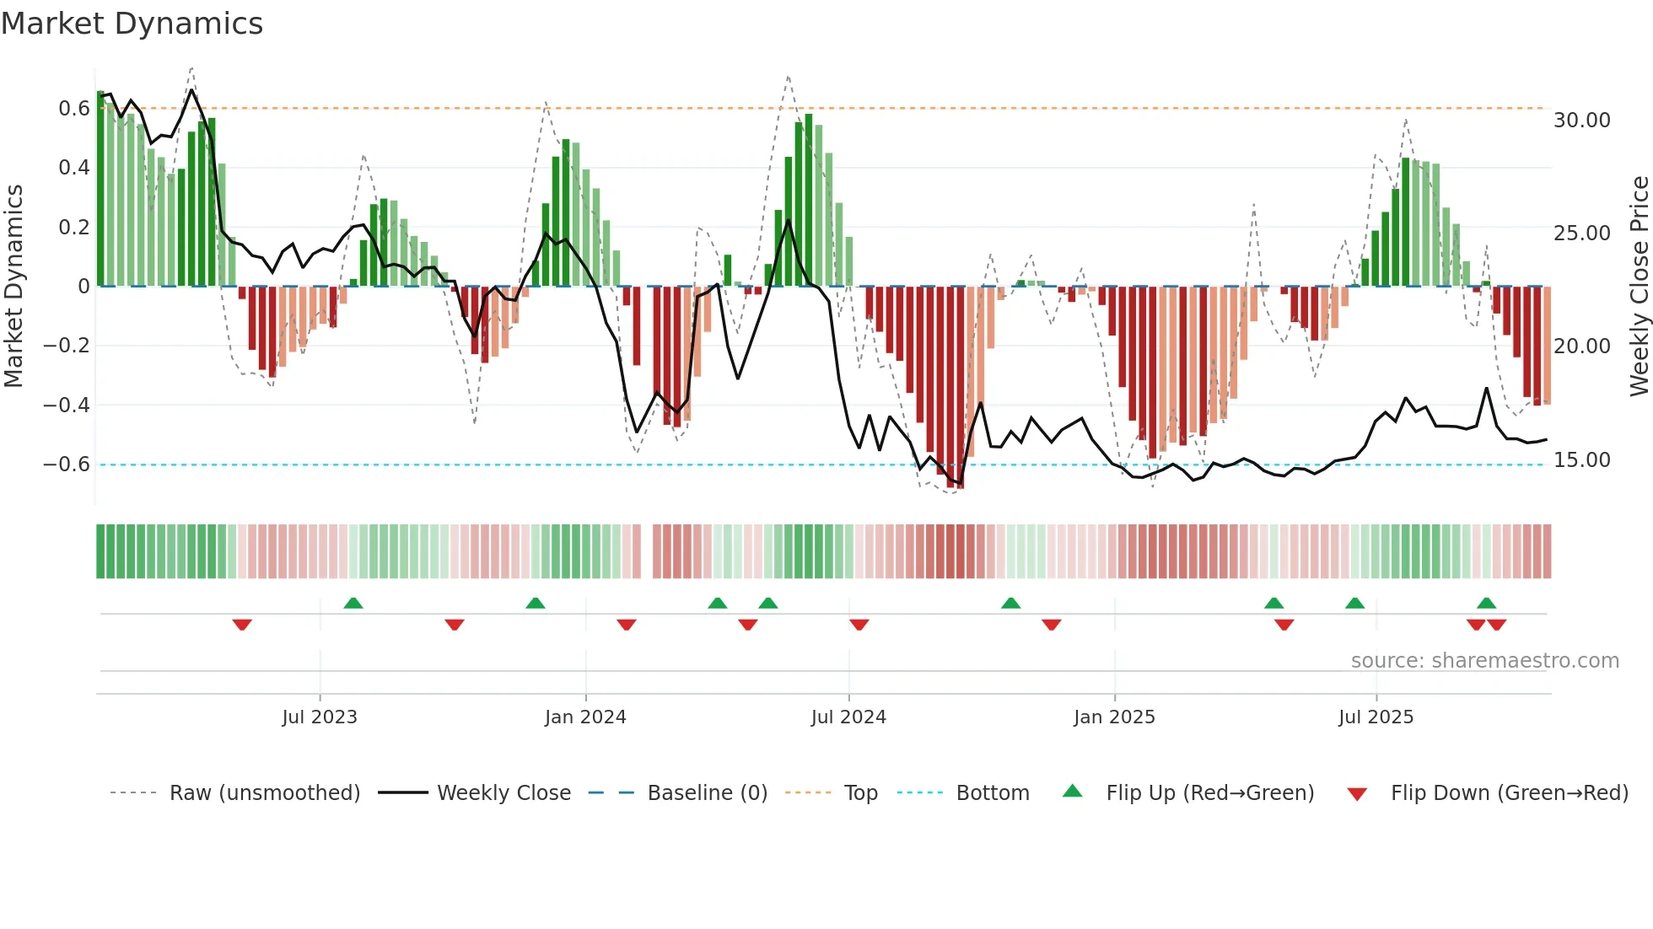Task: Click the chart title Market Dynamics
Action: click(132, 24)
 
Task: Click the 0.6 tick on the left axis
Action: click(74, 109)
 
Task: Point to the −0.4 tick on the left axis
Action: click(67, 405)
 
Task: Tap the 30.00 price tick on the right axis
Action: click(1581, 121)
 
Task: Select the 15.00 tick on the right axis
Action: click(1581, 460)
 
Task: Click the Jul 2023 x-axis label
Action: click(320, 717)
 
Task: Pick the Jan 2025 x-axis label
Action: click(1114, 717)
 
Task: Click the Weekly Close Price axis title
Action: click(1639, 286)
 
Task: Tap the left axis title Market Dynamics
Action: click(13, 286)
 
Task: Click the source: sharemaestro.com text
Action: click(1484, 661)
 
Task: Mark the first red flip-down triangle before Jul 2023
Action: click(242, 625)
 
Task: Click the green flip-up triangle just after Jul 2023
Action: click(353, 603)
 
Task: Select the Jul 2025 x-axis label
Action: click(1376, 717)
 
